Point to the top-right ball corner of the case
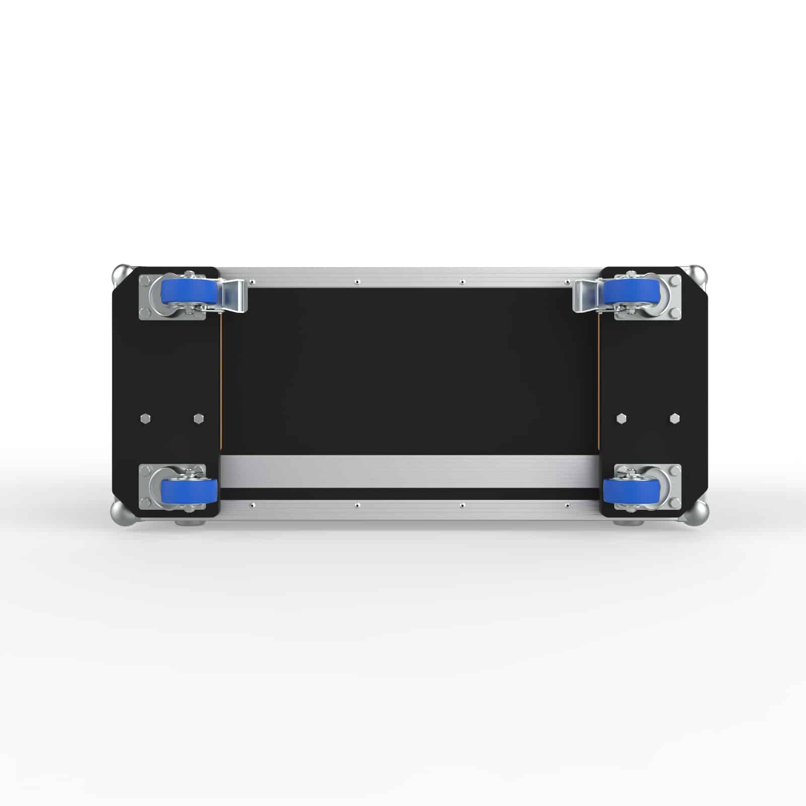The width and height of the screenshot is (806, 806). tap(698, 275)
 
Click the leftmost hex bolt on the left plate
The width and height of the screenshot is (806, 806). tap(145, 418)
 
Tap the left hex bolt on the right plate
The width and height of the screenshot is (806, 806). tap(621, 418)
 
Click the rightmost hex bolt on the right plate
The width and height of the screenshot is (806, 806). tap(674, 418)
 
